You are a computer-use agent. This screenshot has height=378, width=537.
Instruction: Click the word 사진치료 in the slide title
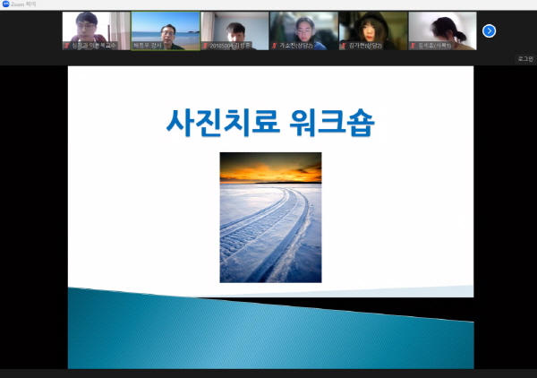[x=225, y=122]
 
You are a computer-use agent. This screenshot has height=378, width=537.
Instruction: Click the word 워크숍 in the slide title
[x=331, y=122]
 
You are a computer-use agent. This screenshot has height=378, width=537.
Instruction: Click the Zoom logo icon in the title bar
[x=5, y=4]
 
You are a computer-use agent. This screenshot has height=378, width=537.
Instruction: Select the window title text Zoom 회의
[x=22, y=4]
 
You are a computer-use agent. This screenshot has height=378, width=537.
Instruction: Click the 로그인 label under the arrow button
[x=525, y=58]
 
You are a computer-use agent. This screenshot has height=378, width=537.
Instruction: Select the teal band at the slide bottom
[x=268, y=336]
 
